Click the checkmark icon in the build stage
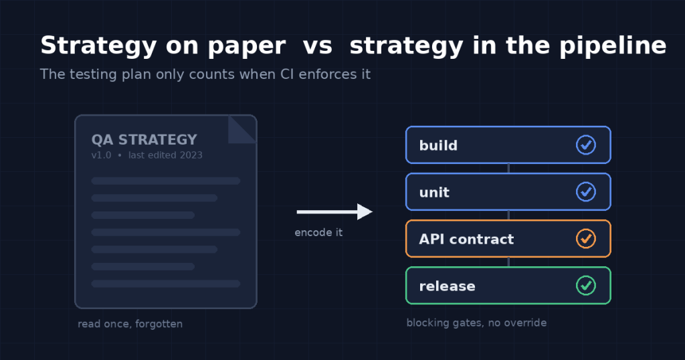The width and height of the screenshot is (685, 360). tap(586, 145)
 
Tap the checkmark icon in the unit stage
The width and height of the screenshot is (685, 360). tap(586, 192)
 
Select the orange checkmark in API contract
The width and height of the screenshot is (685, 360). tap(586, 238)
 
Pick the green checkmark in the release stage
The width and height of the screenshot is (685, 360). tap(586, 285)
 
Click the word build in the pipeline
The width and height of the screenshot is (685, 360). tap(438, 145)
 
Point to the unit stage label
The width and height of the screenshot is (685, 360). tap(434, 192)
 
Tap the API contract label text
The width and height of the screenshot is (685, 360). tap(466, 240)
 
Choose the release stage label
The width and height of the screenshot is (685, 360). tap(447, 286)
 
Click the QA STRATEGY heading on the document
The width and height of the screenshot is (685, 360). tap(144, 140)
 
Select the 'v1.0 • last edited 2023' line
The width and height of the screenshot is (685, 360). tap(146, 155)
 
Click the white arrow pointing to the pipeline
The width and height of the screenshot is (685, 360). tap(334, 212)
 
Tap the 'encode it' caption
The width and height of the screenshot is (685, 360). tap(318, 232)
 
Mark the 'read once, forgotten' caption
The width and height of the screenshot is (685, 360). tap(130, 324)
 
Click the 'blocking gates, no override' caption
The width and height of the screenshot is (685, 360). tap(476, 323)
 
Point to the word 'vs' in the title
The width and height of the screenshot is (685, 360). tap(318, 46)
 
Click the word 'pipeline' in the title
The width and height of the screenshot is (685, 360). tap(613, 46)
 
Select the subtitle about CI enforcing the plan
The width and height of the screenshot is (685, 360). tap(205, 74)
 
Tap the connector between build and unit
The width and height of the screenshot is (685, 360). tap(508, 169)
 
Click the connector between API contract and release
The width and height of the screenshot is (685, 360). tap(508, 262)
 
